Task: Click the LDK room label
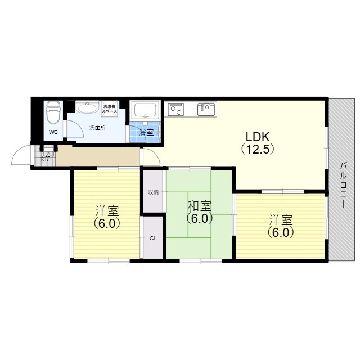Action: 258,137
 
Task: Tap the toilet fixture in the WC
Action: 53,112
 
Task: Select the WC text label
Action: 53,132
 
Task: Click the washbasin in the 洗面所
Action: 87,108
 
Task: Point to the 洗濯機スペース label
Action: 110,109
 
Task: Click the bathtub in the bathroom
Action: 146,110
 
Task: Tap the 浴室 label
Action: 146,133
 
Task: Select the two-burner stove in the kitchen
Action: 176,109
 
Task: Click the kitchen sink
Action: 207,109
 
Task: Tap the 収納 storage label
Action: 153,192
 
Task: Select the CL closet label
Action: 153,238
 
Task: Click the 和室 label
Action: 199,206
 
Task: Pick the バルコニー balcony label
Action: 343,185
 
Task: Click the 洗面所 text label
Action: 97,128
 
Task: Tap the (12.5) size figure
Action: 258,150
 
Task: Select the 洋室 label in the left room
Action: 107,211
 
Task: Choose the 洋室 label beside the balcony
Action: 281,220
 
